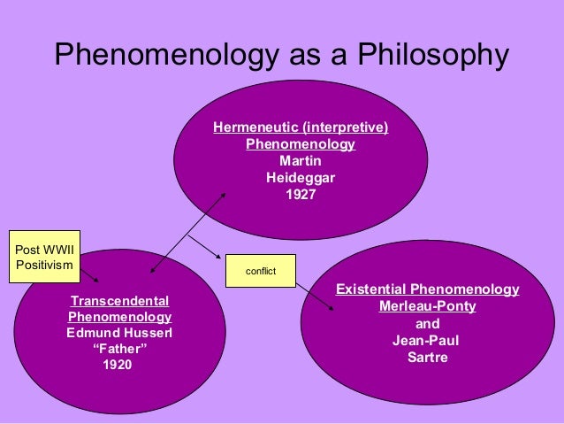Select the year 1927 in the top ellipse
pyautogui.click(x=301, y=193)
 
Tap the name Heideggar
pyautogui.click(x=301, y=177)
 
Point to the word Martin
pyautogui.click(x=301, y=161)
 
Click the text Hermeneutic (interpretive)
pyautogui.click(x=301, y=128)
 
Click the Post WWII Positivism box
pyautogui.click(x=43, y=256)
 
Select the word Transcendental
pyautogui.click(x=119, y=301)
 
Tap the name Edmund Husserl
pyautogui.click(x=119, y=333)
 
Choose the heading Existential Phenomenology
pyautogui.click(x=427, y=290)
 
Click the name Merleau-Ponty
pyautogui.click(x=427, y=306)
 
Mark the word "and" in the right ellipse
pyautogui.click(x=427, y=324)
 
